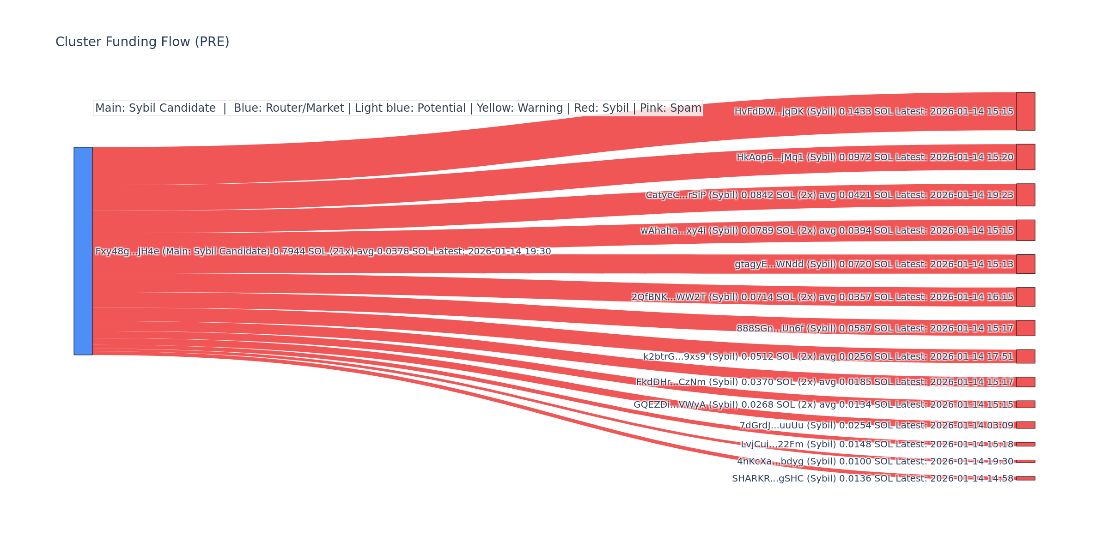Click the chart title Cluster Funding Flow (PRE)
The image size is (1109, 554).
[x=142, y=42]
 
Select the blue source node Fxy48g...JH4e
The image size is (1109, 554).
[x=83, y=251]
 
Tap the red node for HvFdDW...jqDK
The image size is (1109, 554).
[x=1025, y=111]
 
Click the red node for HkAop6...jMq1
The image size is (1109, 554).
[x=1025, y=157]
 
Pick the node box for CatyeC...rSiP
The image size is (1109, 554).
[x=1025, y=195]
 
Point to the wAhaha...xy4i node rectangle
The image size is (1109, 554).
[x=1025, y=230]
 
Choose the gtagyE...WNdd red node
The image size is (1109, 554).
[x=1025, y=264]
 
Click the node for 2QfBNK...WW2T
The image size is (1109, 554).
[x=1025, y=297]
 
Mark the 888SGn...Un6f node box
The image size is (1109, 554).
[x=1025, y=328]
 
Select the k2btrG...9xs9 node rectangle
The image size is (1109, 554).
[x=1025, y=356]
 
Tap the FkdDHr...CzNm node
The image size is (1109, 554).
[x=1025, y=382]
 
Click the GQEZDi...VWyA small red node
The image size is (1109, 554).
[x=1025, y=404]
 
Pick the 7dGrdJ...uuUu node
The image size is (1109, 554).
[x=1025, y=425]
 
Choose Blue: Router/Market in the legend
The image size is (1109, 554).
[x=289, y=108]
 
